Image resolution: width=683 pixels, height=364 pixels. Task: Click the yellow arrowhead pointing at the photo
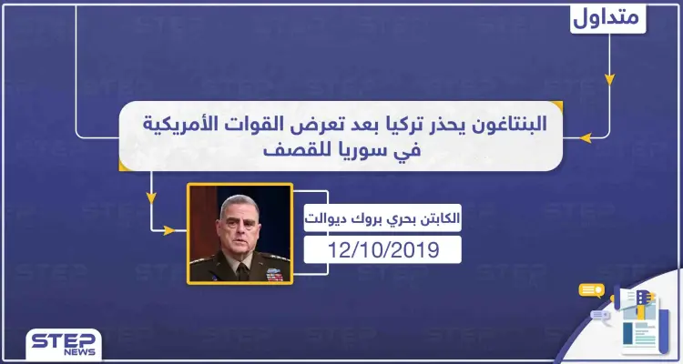point(167,230)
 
